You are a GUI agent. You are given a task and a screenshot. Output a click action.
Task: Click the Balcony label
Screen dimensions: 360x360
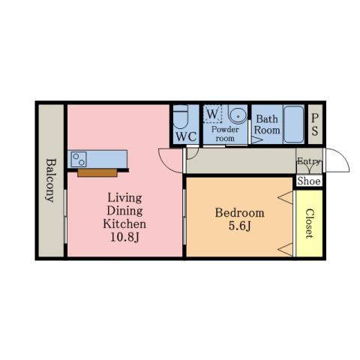click(x=51, y=180)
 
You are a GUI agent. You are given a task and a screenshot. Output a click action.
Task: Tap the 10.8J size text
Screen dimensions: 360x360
click(x=124, y=237)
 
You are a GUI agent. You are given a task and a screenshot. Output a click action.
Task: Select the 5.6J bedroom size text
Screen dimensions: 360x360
click(x=239, y=226)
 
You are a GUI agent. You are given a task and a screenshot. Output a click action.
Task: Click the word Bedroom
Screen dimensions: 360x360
click(x=239, y=213)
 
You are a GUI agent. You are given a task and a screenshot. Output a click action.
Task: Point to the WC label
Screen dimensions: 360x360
click(x=186, y=136)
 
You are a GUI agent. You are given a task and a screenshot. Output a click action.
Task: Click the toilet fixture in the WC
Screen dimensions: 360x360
click(x=180, y=116)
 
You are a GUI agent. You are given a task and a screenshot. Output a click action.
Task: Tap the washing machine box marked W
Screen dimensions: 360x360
click(x=212, y=114)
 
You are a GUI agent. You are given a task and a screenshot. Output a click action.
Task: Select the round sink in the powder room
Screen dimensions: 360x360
click(x=238, y=115)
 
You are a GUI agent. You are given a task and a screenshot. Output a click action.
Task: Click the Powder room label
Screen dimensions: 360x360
click(x=225, y=133)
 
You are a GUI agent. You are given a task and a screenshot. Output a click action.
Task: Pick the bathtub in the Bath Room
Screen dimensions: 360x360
click(x=293, y=124)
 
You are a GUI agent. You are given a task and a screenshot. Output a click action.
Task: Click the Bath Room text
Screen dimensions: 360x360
click(x=267, y=124)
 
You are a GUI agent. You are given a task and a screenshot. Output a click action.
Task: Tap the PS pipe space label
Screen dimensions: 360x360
click(x=315, y=124)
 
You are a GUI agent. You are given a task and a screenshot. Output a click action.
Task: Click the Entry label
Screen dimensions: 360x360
click(x=309, y=161)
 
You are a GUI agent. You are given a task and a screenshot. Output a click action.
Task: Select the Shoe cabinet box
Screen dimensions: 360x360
click(x=309, y=181)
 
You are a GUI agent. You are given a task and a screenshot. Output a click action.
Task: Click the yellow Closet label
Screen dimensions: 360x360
click(x=310, y=223)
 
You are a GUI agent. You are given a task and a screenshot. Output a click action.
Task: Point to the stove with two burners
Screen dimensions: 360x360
click(x=79, y=159)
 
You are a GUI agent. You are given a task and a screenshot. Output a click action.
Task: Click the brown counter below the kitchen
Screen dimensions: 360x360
click(x=97, y=173)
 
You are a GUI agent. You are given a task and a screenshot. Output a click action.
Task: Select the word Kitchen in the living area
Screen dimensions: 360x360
click(x=124, y=223)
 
